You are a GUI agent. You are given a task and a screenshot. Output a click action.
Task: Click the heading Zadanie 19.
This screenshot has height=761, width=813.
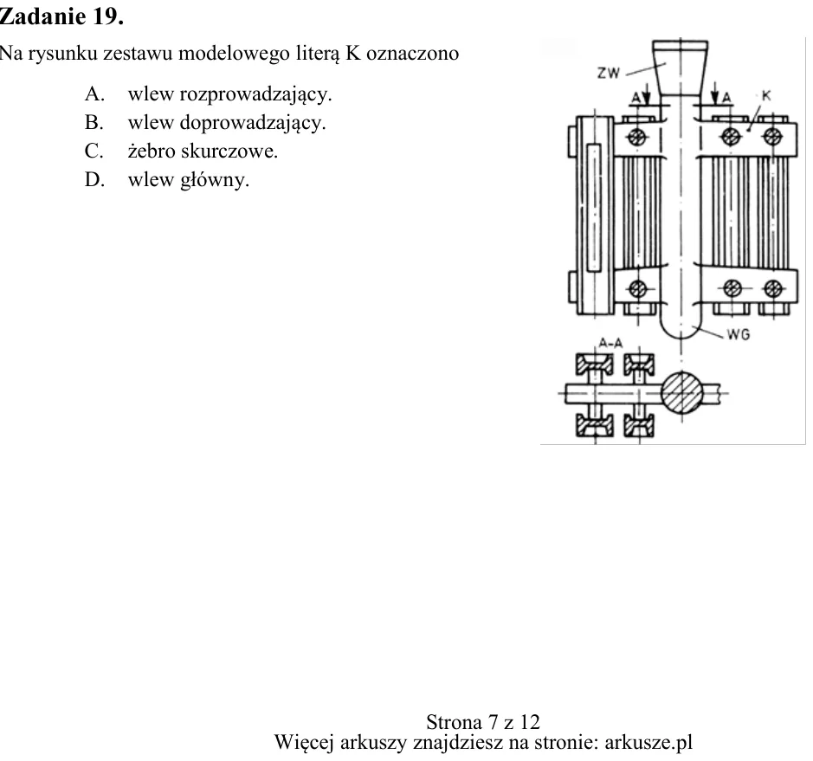(x=61, y=16)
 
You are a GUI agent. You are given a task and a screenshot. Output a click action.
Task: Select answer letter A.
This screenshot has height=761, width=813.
(x=94, y=94)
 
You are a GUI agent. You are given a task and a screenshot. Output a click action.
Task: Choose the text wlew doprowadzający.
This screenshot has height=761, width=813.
(x=227, y=123)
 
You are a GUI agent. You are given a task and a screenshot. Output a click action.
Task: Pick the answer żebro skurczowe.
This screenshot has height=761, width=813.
(x=203, y=151)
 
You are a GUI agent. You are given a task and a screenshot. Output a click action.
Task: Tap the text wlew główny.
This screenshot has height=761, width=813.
(x=189, y=180)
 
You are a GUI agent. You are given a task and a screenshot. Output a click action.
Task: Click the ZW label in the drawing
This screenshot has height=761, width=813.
(x=608, y=73)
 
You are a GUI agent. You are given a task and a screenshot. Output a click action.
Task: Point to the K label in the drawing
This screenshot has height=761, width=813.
(x=766, y=96)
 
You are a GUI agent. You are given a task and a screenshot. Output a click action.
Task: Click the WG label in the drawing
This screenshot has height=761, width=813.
(x=739, y=335)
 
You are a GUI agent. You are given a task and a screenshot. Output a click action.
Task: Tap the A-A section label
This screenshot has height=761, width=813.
(x=610, y=343)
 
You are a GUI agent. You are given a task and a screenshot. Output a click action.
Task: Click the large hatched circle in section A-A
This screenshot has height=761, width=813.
(x=681, y=392)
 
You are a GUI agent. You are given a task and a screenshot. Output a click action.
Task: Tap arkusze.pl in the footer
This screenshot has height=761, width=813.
(x=648, y=742)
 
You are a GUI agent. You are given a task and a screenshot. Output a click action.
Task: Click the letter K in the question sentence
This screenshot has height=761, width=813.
(x=353, y=54)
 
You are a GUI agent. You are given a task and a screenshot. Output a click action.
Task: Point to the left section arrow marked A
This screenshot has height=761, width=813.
(x=646, y=96)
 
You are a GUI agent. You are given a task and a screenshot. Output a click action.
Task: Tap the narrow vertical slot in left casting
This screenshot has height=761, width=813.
(x=594, y=208)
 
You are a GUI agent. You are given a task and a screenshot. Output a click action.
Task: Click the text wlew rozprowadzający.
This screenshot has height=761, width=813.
(x=229, y=94)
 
